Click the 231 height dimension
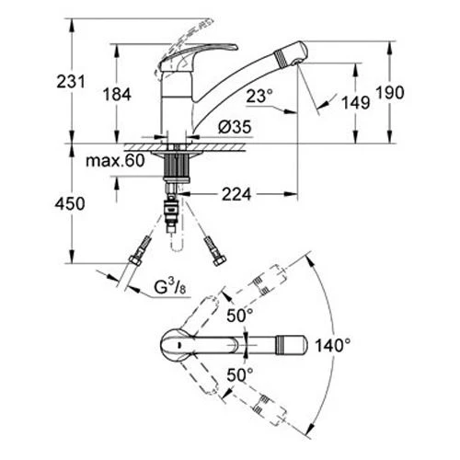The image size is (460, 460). (x=71, y=82)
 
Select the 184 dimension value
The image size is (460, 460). (x=117, y=94)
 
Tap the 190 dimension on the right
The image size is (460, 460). (x=390, y=92)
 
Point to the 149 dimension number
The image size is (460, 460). (x=356, y=102)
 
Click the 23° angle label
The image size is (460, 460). (x=259, y=97)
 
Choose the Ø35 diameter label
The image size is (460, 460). (x=235, y=127)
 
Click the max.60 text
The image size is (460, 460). (x=115, y=160)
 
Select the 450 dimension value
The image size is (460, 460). (x=70, y=203)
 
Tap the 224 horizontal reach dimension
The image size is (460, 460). (x=236, y=194)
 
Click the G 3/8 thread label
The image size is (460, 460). (x=170, y=287)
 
